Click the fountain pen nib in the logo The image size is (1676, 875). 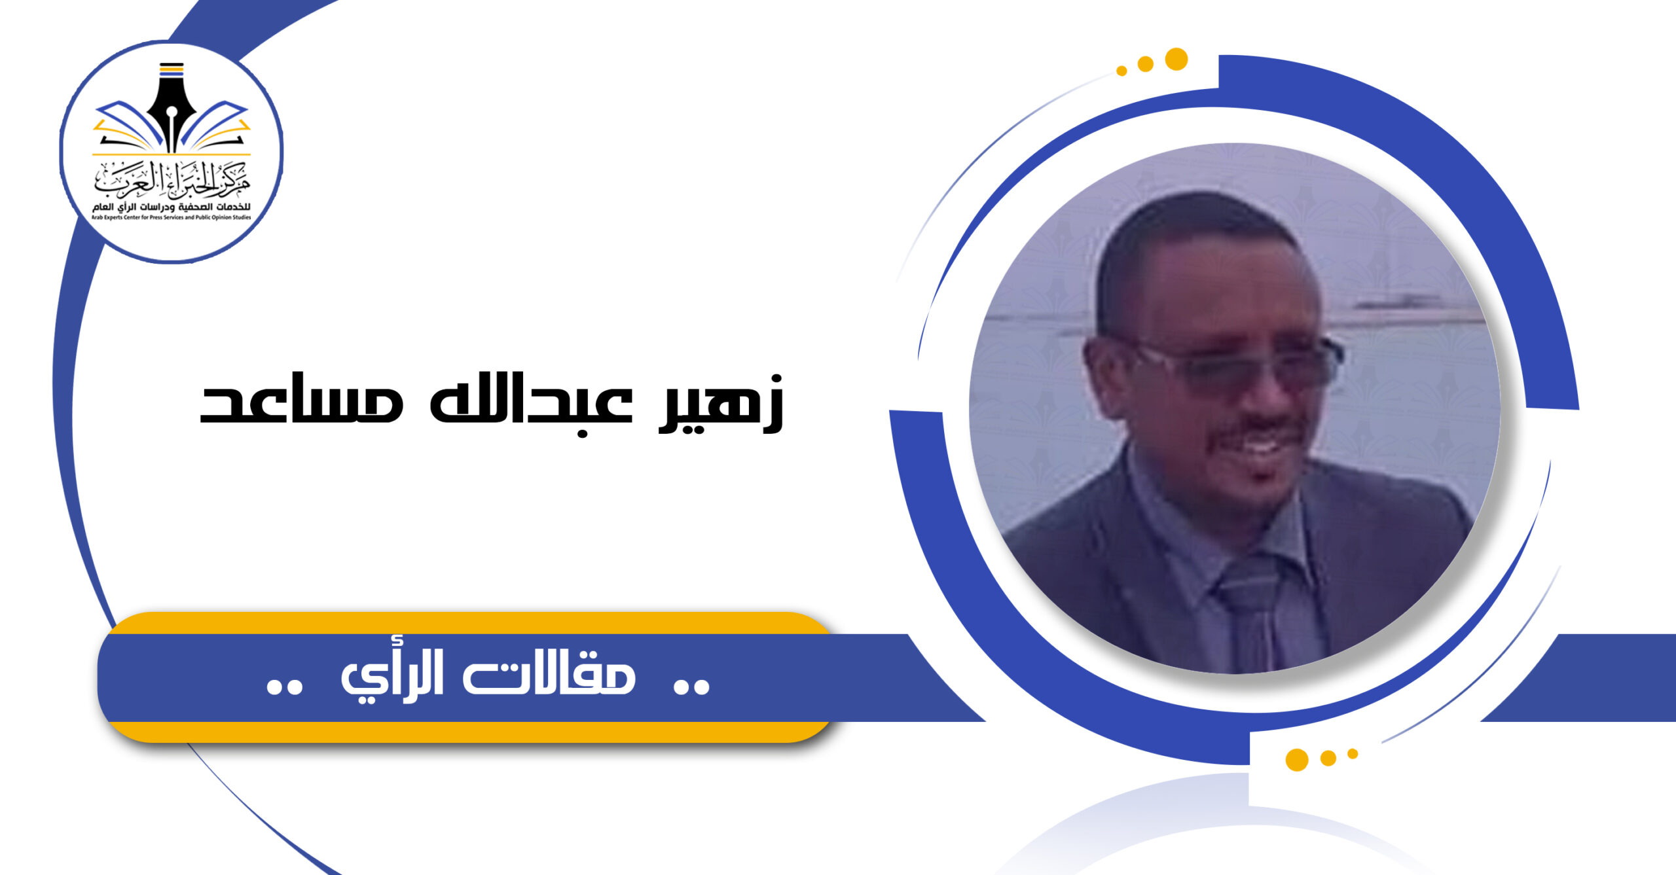click(172, 108)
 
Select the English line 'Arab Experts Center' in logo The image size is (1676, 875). click(172, 217)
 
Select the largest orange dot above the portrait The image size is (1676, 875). click(1176, 59)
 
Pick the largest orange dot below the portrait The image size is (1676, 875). click(1297, 760)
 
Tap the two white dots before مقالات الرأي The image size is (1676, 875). click(692, 686)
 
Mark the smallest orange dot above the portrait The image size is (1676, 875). click(1121, 71)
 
